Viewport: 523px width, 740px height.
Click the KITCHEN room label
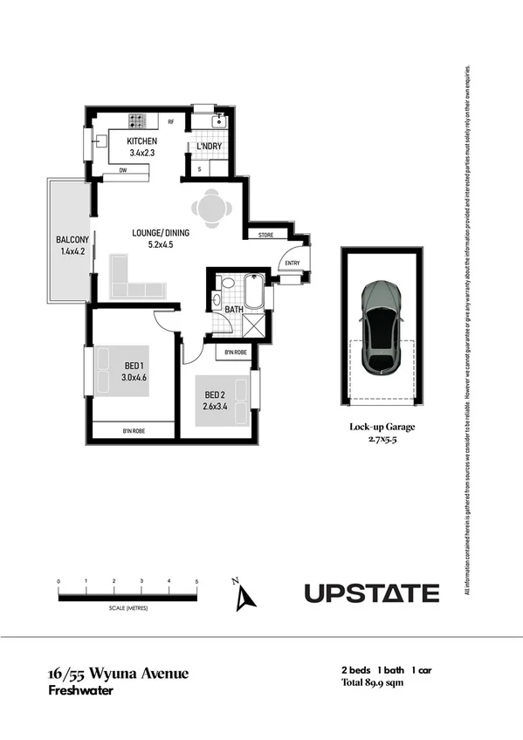(x=141, y=140)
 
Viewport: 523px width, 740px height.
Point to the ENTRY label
(x=292, y=263)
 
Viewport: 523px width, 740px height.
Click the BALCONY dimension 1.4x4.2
(x=66, y=252)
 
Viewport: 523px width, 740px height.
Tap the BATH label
(x=233, y=309)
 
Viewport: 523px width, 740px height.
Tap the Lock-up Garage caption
(x=382, y=427)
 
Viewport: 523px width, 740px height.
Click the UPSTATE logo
(x=371, y=593)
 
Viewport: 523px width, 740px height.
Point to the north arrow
(x=246, y=596)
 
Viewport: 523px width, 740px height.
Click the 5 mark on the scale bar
(x=196, y=581)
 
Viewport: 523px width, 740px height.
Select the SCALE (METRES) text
(x=127, y=606)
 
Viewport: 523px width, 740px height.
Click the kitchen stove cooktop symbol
(x=138, y=121)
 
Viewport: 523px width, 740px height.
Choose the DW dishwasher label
(x=122, y=172)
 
